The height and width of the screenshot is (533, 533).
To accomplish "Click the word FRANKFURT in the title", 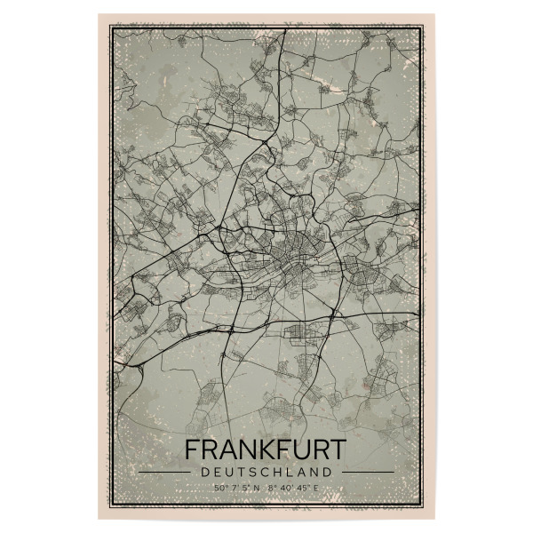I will coord(266,449).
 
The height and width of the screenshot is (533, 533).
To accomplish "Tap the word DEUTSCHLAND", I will coord(266,472).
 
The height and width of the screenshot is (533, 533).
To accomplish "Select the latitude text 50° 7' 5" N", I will coord(237,487).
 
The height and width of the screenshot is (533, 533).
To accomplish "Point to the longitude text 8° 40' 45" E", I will coord(292,487).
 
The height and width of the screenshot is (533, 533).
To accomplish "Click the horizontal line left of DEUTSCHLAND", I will coord(164,472).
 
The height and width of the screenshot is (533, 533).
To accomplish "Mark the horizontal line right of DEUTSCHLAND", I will coord(367,472).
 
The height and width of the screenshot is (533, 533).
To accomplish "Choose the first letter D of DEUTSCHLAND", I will coord(207,472).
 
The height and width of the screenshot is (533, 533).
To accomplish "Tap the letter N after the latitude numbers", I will coord(258,487).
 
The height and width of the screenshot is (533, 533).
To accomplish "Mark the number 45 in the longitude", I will coord(303,487).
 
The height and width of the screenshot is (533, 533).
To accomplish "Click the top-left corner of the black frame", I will coord(110,28).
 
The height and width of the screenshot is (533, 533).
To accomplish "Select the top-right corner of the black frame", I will coord(423,28).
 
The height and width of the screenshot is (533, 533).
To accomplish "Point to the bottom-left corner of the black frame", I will coord(110,505).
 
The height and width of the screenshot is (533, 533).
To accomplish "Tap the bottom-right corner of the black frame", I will coord(423,505).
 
